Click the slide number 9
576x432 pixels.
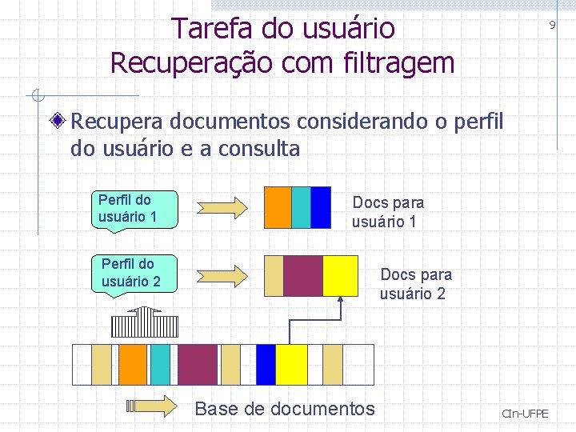click(551, 26)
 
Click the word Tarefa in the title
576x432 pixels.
click(209, 29)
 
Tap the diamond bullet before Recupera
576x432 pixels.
click(58, 122)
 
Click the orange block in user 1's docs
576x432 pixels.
click(278, 207)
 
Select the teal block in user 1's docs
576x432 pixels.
click(301, 207)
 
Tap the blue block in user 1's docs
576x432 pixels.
click(321, 207)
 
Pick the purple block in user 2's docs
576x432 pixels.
click(303, 275)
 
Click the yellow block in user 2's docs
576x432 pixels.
click(340, 275)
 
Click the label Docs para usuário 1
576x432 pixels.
click(388, 212)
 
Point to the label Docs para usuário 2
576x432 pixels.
click(415, 284)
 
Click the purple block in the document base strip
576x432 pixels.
click(198, 365)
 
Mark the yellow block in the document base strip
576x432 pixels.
click(291, 365)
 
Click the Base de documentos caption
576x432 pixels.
click(285, 409)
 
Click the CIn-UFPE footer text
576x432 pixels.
click(525, 414)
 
